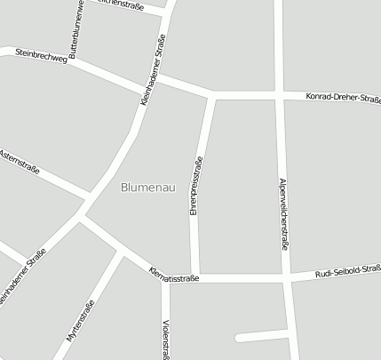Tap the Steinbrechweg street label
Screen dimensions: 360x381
pyautogui.click(x=42, y=59)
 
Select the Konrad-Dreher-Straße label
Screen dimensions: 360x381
pyautogui.click(x=343, y=98)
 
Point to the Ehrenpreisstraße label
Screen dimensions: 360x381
pyautogui.click(x=196, y=186)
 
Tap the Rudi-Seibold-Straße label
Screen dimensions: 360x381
pyautogui.click(x=347, y=274)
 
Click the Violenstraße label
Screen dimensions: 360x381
pyautogui.click(x=166, y=339)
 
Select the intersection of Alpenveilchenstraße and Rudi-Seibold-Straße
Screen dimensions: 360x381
pyautogui.click(x=288, y=278)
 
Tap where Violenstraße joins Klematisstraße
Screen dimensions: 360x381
pyautogui.click(x=164, y=278)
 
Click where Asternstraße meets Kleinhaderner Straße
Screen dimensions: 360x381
pyautogui.click(x=90, y=196)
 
